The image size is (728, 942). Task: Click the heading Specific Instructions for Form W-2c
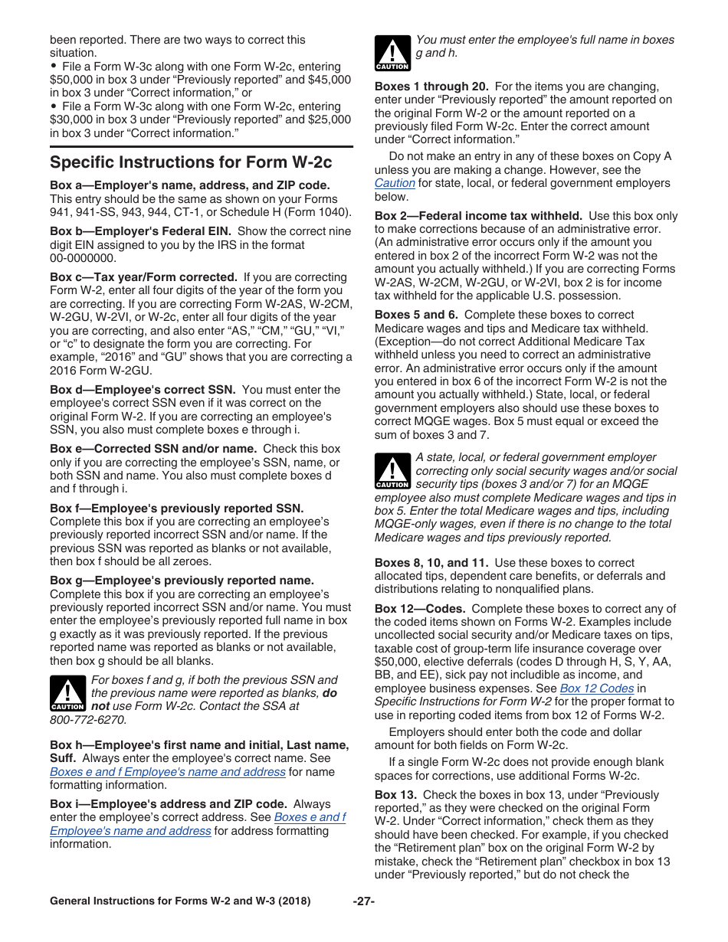(x=191, y=162)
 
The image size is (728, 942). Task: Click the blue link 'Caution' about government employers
(x=395, y=183)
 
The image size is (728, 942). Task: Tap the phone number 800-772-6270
(x=88, y=719)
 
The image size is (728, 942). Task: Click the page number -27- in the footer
(x=364, y=901)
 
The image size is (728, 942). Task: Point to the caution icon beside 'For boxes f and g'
(x=67, y=693)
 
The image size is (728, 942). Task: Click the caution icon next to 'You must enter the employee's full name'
(x=392, y=53)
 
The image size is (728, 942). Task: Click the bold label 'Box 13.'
(x=396, y=795)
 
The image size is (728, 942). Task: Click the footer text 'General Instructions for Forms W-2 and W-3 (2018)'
(x=180, y=901)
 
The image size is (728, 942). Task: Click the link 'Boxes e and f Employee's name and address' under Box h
(x=168, y=772)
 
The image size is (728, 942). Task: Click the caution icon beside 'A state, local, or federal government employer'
(x=392, y=470)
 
